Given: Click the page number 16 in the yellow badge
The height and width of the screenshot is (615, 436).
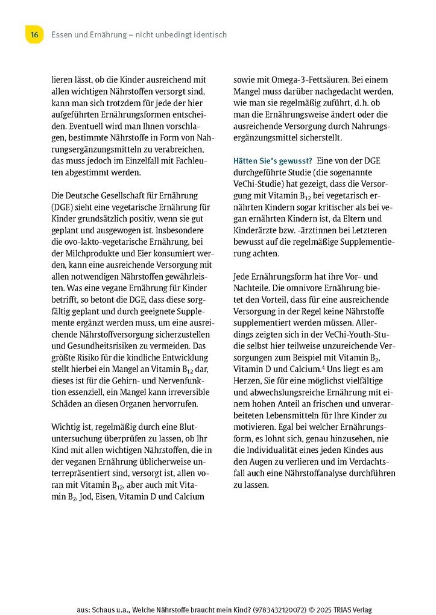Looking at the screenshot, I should coord(34,35).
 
